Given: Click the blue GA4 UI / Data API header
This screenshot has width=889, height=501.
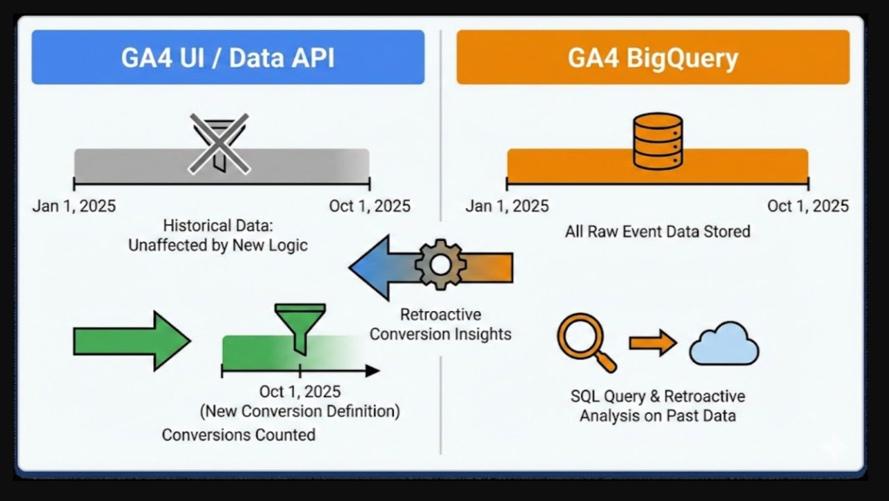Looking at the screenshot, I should click(227, 58).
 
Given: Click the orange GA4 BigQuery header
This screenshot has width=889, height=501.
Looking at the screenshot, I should click(653, 58).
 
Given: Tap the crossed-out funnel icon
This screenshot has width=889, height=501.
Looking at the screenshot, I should click(220, 143).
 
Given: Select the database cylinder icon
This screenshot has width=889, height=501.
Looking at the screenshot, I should click(657, 141).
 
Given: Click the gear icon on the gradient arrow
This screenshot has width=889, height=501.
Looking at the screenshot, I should click(439, 265).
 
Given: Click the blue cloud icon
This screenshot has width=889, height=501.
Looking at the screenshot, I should click(724, 344).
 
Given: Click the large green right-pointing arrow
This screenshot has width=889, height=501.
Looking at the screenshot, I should click(131, 341).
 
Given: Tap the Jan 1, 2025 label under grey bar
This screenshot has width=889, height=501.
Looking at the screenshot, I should click(74, 207).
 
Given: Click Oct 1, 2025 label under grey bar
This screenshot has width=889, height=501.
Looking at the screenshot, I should click(370, 207).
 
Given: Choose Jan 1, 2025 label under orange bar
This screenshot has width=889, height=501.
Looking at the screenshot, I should click(507, 207).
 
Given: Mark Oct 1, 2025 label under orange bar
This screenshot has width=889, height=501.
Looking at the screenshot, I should click(808, 207).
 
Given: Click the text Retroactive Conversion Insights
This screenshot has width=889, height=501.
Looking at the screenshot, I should click(440, 324).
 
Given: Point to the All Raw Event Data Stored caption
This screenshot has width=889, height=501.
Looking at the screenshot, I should click(657, 232).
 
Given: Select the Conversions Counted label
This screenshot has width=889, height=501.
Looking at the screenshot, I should click(238, 435).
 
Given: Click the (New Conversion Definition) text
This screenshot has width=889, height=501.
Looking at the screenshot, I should click(300, 411).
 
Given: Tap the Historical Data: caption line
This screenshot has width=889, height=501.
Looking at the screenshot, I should click(218, 226).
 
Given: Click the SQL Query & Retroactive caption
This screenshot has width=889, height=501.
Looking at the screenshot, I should click(657, 397).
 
